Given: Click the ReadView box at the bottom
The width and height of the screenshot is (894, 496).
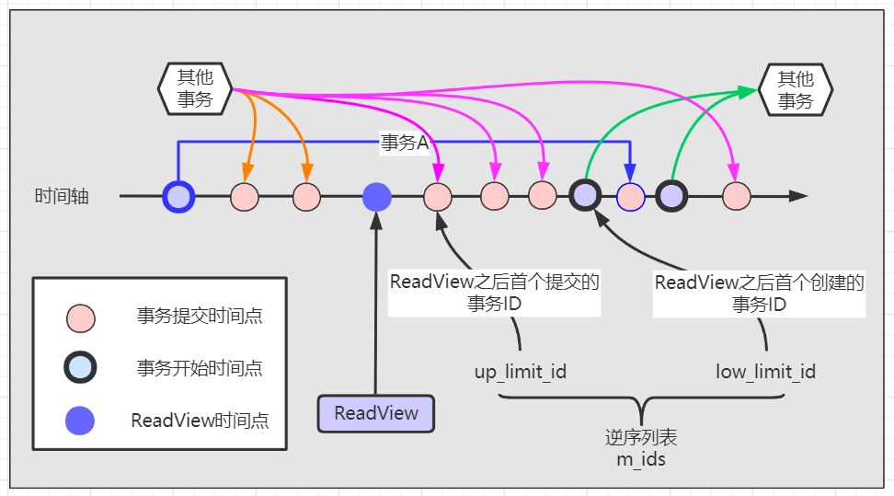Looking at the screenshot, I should point(375,413).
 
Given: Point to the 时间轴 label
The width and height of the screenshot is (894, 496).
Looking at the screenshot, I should point(62,196).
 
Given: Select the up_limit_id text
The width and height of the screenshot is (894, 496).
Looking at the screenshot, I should point(520,372).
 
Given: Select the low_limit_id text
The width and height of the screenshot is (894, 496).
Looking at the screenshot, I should point(765,372).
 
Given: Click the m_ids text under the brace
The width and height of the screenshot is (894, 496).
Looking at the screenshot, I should point(640,458).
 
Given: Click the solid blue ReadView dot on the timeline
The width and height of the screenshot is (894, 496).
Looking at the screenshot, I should point(376,196).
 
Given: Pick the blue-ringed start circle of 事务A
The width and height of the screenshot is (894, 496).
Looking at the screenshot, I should point(178,196).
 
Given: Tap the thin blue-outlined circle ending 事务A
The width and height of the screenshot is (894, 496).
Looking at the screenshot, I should point(630,196).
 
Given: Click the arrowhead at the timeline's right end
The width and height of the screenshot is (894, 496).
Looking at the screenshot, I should point(797,196).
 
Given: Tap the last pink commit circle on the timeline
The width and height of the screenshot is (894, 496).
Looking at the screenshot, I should point(736,196).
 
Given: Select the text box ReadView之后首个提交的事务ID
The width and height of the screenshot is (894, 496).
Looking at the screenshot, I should point(495,293).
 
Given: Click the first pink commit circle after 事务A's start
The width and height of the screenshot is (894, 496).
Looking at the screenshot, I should point(245,196).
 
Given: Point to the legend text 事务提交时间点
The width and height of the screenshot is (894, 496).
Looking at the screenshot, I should point(200,317).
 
